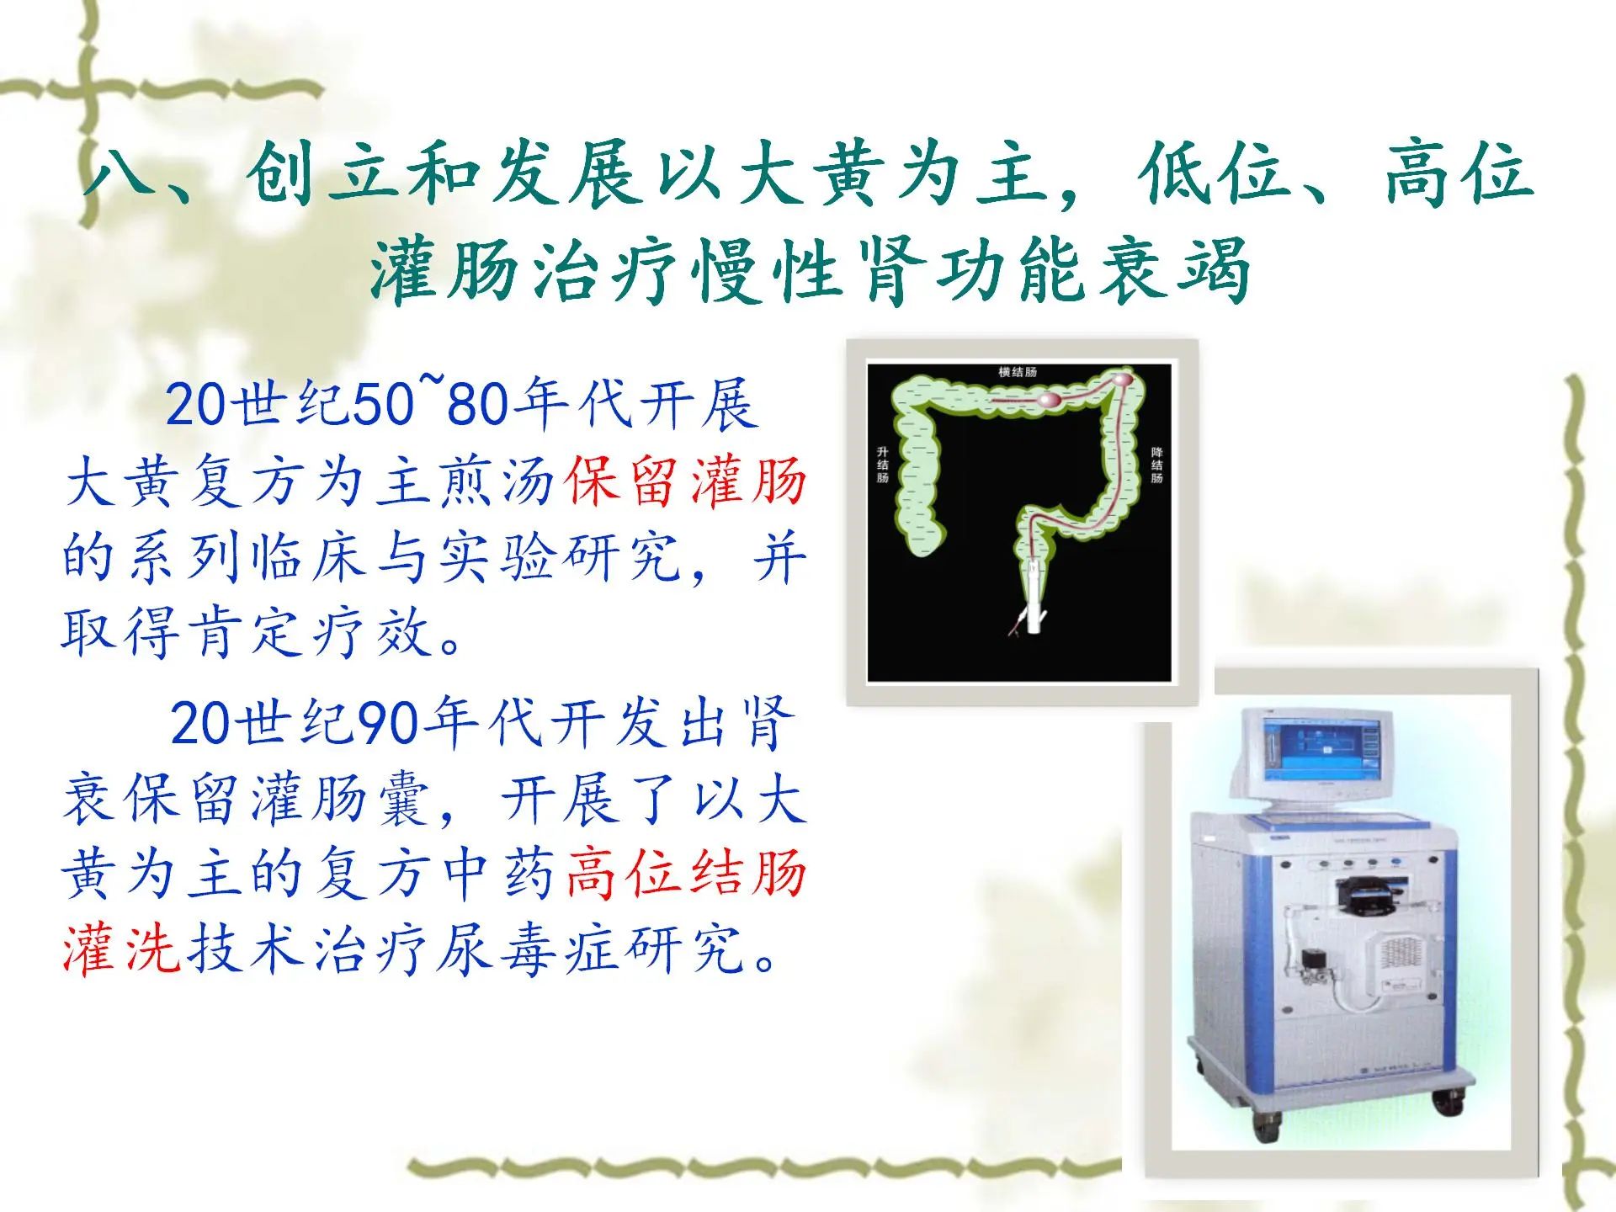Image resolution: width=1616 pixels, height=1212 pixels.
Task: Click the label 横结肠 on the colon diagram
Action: click(1018, 372)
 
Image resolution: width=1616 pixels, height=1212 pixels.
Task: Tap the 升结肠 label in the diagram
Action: click(883, 465)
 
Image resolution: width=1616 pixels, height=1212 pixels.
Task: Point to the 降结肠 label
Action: click(1157, 465)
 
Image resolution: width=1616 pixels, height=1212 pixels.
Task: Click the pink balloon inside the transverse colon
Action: click(1052, 401)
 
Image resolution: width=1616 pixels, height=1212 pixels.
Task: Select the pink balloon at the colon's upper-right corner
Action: click(1123, 380)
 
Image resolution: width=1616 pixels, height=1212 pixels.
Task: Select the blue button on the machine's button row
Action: click(1394, 864)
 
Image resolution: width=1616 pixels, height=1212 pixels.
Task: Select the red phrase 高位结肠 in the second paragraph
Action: click(687, 873)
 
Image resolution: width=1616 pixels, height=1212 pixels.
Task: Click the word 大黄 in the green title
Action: click(813, 174)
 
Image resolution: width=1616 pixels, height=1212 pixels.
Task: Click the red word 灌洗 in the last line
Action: click(121, 949)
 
